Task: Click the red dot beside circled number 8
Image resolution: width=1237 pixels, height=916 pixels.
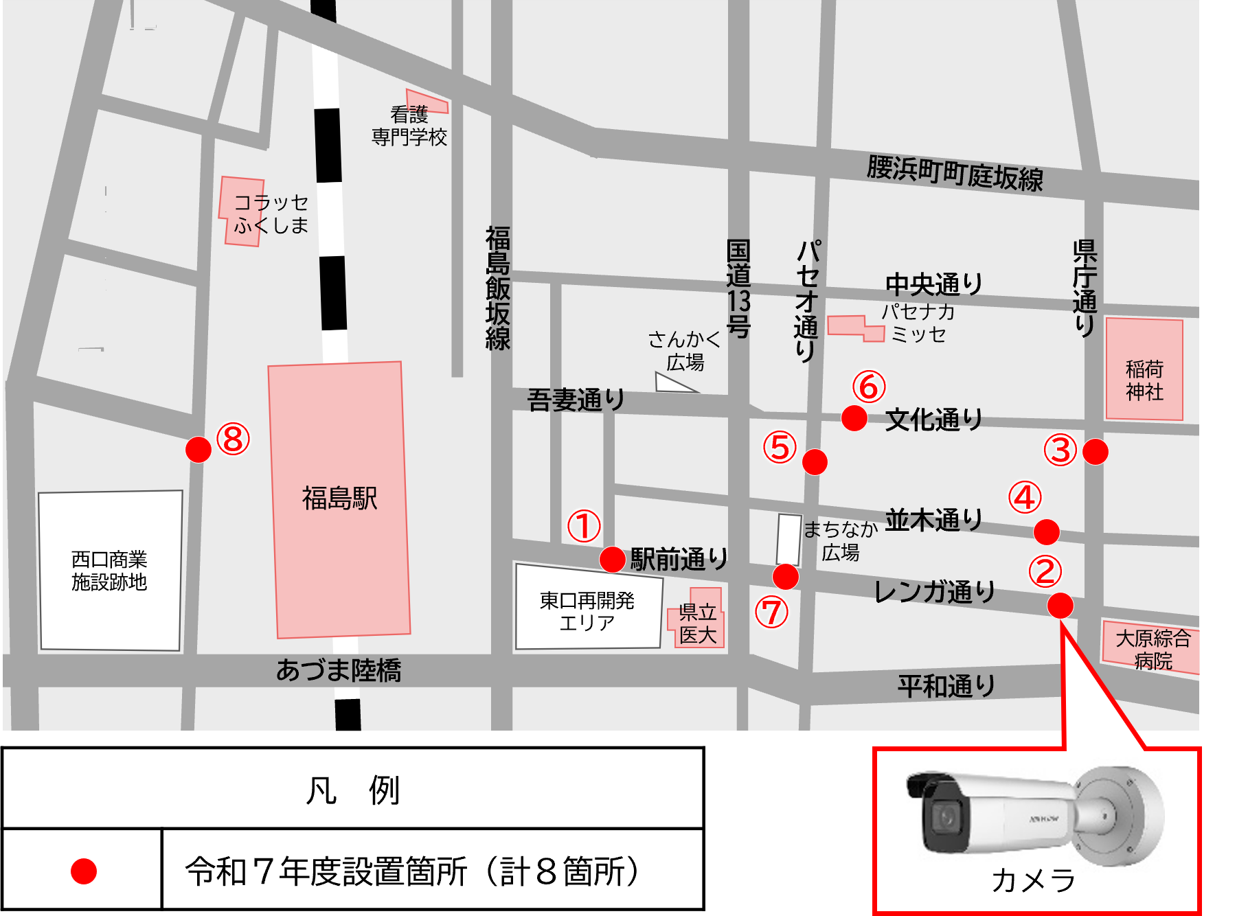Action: point(198,450)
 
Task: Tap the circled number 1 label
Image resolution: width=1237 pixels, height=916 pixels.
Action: point(584,526)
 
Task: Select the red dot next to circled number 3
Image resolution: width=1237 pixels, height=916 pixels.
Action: point(1095,452)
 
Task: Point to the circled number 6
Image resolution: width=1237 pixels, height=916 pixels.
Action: point(869,387)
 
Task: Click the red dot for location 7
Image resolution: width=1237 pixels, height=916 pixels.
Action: point(786,577)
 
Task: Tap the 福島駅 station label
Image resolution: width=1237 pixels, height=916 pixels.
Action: point(340,499)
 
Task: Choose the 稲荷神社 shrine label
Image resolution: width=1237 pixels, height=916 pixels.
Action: point(1144,380)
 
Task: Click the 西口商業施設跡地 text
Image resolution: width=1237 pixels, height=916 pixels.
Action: point(109,571)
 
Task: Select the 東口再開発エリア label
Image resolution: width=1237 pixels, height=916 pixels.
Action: point(587,611)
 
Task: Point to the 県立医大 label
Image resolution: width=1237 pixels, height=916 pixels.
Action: point(697,623)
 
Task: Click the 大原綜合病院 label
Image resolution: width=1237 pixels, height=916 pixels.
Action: point(1153,650)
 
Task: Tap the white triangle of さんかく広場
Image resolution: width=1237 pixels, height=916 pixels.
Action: point(671,384)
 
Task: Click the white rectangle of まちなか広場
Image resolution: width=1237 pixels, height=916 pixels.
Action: point(789,540)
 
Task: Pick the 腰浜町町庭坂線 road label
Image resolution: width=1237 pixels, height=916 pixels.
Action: point(955,173)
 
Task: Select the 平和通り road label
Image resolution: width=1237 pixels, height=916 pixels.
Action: point(946,685)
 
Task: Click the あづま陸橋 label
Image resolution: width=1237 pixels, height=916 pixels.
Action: point(339,670)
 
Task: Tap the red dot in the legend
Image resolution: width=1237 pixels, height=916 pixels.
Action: point(84,871)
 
